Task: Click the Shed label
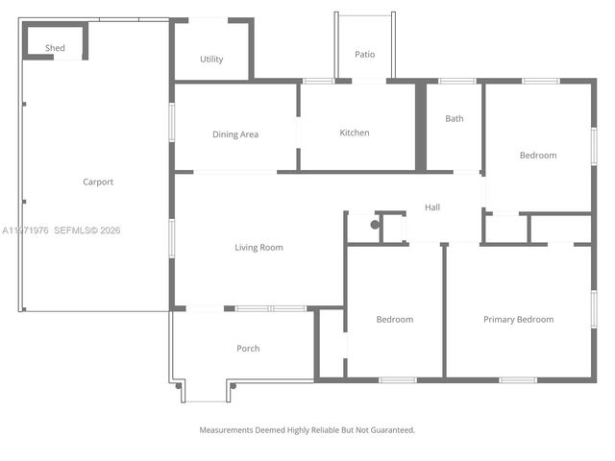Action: (55, 47)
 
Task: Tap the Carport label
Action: (98, 182)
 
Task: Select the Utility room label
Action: (211, 60)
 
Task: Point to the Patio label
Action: (364, 55)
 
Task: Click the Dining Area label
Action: (235, 134)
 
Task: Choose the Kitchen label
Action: (355, 133)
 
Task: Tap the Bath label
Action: (455, 119)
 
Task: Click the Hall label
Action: (432, 207)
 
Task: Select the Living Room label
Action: (258, 247)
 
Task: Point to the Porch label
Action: (248, 349)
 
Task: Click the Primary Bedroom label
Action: (518, 320)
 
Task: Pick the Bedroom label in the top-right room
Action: (538, 156)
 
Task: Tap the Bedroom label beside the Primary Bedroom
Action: (394, 320)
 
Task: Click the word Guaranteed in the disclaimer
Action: (393, 430)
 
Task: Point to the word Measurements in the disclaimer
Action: (229, 430)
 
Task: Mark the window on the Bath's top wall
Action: (457, 81)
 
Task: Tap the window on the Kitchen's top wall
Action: (318, 81)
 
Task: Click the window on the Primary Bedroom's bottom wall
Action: (518, 380)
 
